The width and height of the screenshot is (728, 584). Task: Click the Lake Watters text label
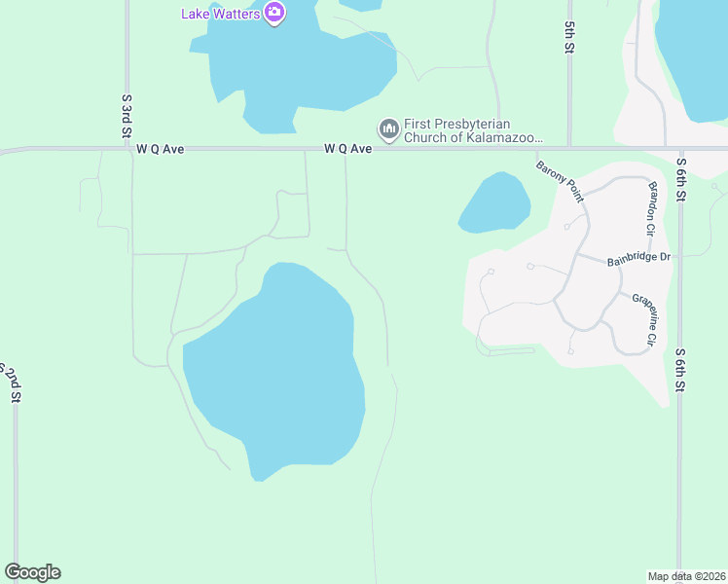221,13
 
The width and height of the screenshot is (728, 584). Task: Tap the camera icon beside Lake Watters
274,13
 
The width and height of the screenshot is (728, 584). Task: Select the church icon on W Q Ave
388,128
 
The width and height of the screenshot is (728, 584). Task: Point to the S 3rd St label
127,117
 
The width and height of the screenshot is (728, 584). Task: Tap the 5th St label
569,38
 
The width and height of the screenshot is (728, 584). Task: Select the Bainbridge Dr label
639,258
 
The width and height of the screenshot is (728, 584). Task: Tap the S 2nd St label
13,382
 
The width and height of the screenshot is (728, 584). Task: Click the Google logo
32,572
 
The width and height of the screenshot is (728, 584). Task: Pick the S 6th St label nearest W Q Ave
681,180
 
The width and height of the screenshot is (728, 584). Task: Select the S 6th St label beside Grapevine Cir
681,370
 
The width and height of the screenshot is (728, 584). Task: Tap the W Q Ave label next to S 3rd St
161,150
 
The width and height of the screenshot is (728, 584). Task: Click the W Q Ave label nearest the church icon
348,150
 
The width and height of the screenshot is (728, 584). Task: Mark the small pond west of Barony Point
494,203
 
